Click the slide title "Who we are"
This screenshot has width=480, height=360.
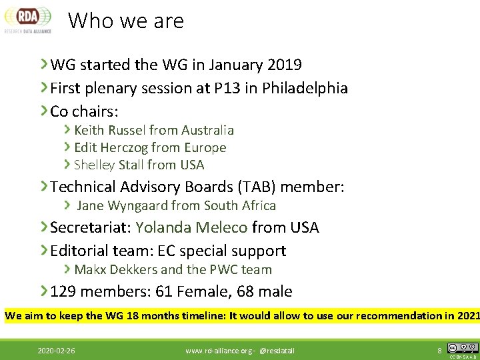126,21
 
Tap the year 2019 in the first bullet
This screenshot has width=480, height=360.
284,65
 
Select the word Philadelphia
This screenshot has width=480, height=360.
305,88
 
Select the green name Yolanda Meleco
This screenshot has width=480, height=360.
191,228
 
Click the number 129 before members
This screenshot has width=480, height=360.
64,292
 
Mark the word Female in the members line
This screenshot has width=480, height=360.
199,292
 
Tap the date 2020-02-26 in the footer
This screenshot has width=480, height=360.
56,350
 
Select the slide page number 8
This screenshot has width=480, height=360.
439,349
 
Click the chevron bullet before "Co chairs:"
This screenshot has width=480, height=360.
43,110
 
